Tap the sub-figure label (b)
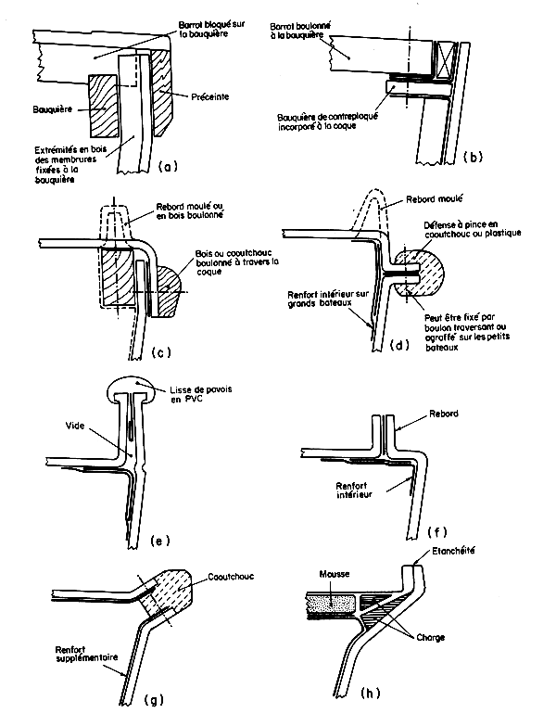[472, 158]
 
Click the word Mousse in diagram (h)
[333, 574]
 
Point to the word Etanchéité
[449, 552]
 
